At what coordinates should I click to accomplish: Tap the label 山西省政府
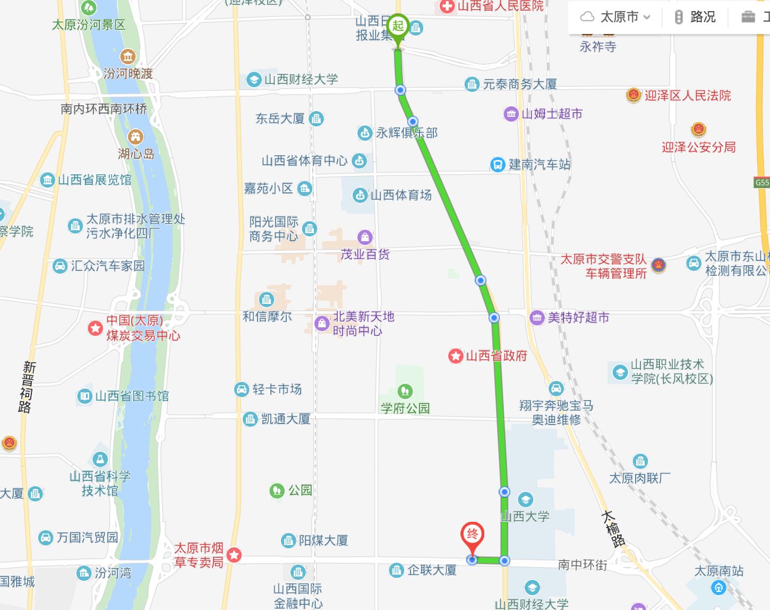(496, 355)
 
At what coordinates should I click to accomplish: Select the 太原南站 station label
(719, 571)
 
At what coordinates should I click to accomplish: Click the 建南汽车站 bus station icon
(498, 165)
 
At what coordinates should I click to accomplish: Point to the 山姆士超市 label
(552, 114)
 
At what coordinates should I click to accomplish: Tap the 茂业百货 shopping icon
(365, 236)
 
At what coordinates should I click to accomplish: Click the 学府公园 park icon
(405, 392)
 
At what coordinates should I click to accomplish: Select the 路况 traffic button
(695, 17)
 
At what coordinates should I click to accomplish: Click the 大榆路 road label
(612, 528)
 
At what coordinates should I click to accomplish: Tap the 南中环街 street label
(582, 565)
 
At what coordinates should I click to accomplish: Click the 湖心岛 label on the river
(136, 154)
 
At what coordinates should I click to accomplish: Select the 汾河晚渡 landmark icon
(127, 56)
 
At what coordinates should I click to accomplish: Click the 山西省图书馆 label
(132, 396)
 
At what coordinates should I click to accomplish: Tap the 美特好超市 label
(578, 318)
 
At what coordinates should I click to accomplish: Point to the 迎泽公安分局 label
(698, 147)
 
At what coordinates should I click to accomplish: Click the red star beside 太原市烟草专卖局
(234, 556)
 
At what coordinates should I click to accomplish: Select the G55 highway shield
(762, 183)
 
